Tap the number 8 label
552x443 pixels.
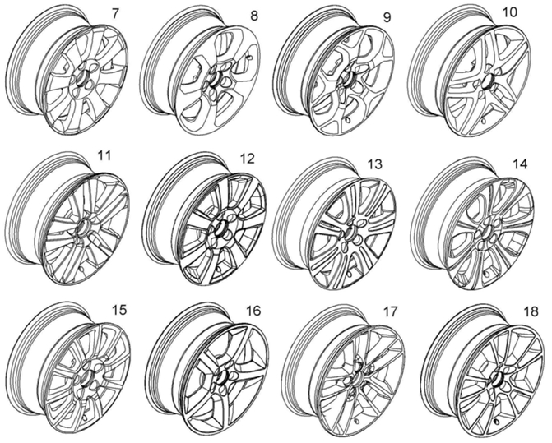tap(253, 14)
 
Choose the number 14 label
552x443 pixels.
tap(518, 164)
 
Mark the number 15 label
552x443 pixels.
tap(120, 310)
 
